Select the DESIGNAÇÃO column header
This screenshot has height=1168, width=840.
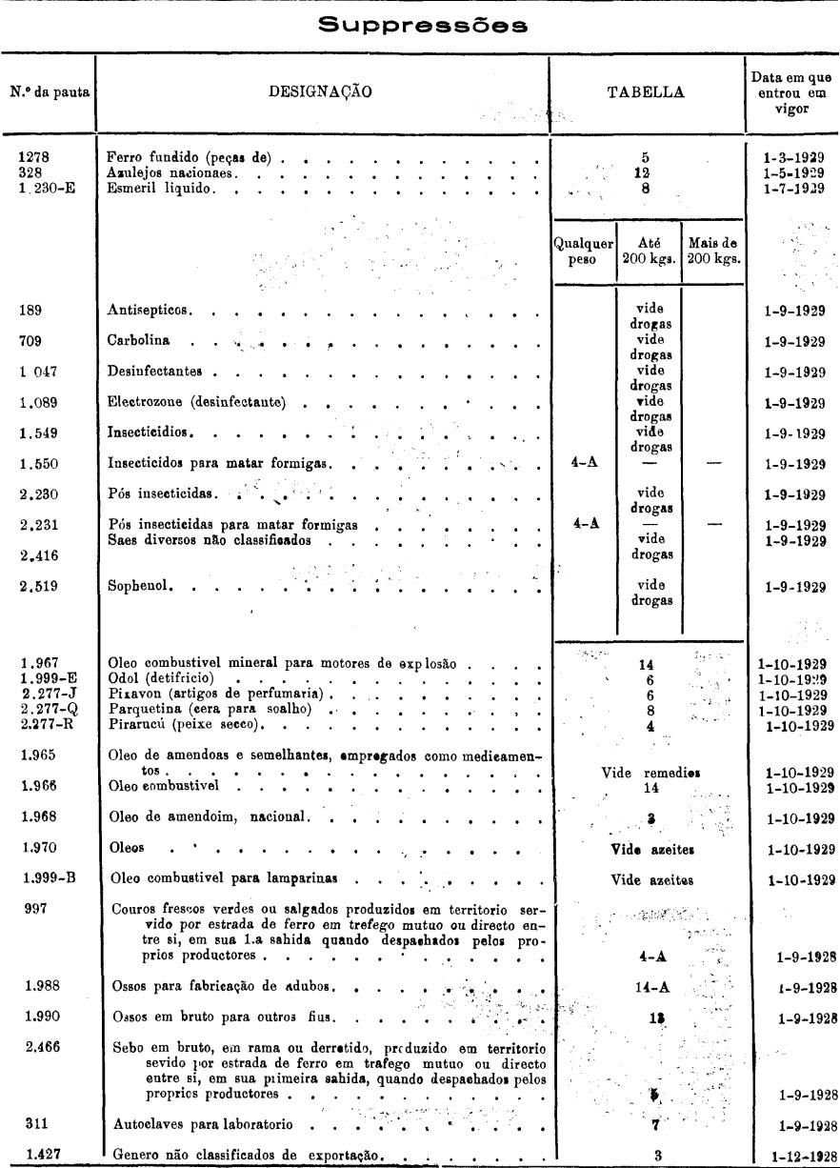click(x=324, y=91)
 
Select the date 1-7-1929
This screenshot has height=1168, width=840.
click(x=792, y=188)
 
